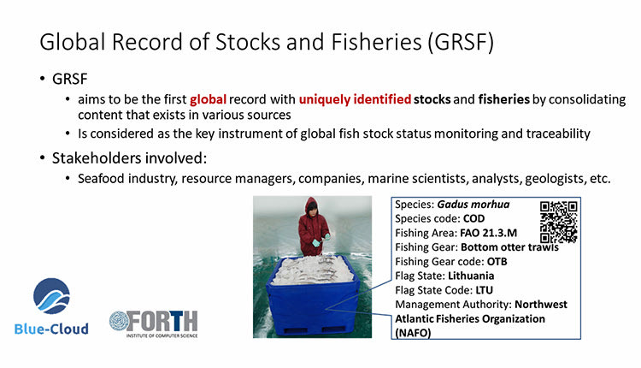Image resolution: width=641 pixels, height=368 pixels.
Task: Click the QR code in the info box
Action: pyautogui.click(x=558, y=223)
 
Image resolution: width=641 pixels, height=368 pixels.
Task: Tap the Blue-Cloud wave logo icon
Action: pyautogui.click(x=51, y=296)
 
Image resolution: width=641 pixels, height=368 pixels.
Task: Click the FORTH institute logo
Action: pyautogui.click(x=154, y=323)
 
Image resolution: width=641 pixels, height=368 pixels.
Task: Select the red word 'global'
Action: pyautogui.click(x=208, y=99)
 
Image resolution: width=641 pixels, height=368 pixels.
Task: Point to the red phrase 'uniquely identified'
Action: pyautogui.click(x=355, y=99)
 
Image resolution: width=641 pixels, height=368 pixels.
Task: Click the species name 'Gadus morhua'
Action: pyautogui.click(x=473, y=205)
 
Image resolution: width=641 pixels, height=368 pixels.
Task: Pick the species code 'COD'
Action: pyautogui.click(x=473, y=218)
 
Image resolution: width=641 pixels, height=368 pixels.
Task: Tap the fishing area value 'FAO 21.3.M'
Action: pyautogui.click(x=489, y=233)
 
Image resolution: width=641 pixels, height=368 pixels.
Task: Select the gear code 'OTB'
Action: pyautogui.click(x=497, y=262)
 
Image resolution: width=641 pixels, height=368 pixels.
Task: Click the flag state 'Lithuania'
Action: pyautogui.click(x=471, y=276)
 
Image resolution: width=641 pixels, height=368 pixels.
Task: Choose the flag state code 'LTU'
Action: pyautogui.click(x=484, y=290)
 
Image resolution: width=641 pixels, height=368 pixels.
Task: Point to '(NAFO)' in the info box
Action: pyautogui.click(x=413, y=333)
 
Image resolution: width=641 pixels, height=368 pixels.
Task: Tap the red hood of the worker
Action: pyautogui.click(x=311, y=206)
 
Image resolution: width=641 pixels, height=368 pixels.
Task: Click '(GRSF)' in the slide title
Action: pyautogui.click(x=461, y=42)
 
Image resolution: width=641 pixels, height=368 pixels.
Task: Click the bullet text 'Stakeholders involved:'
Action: pyautogui.click(x=129, y=158)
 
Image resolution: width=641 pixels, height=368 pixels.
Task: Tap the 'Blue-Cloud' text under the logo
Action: pyautogui.click(x=51, y=329)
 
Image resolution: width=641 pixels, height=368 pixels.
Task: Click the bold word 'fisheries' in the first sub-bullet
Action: pyautogui.click(x=503, y=99)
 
